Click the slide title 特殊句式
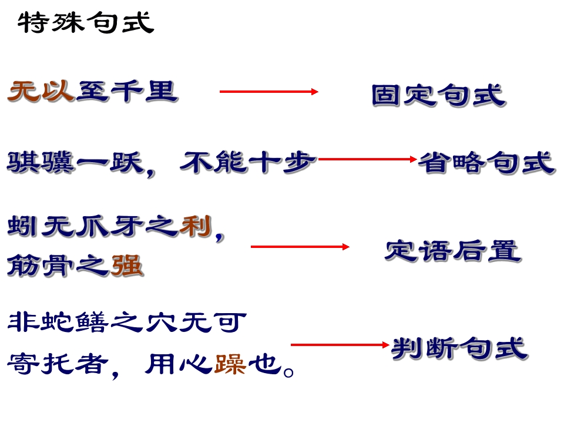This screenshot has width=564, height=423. pyautogui.click(x=86, y=22)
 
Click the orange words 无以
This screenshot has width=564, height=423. pyautogui.click(x=41, y=92)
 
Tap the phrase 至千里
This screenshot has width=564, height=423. pyautogui.click(x=127, y=92)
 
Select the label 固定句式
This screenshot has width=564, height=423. pyautogui.click(x=439, y=95)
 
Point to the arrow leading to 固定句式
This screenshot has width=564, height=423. pyautogui.click(x=269, y=92)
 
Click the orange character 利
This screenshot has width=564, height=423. pyautogui.click(x=196, y=227)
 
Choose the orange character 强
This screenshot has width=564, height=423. pyautogui.click(x=127, y=266)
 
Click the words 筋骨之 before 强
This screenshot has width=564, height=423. pyautogui.click(x=58, y=266)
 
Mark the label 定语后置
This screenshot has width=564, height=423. pyautogui.click(x=453, y=251)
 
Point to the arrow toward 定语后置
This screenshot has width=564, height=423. pyautogui.click(x=300, y=247)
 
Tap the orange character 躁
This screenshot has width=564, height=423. pyautogui.click(x=230, y=364)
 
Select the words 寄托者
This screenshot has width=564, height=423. pyautogui.click(x=58, y=364)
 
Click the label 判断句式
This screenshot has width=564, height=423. pyautogui.click(x=460, y=348)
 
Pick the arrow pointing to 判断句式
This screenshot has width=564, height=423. pyautogui.click(x=340, y=345)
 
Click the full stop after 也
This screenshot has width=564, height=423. pyautogui.click(x=288, y=372)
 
